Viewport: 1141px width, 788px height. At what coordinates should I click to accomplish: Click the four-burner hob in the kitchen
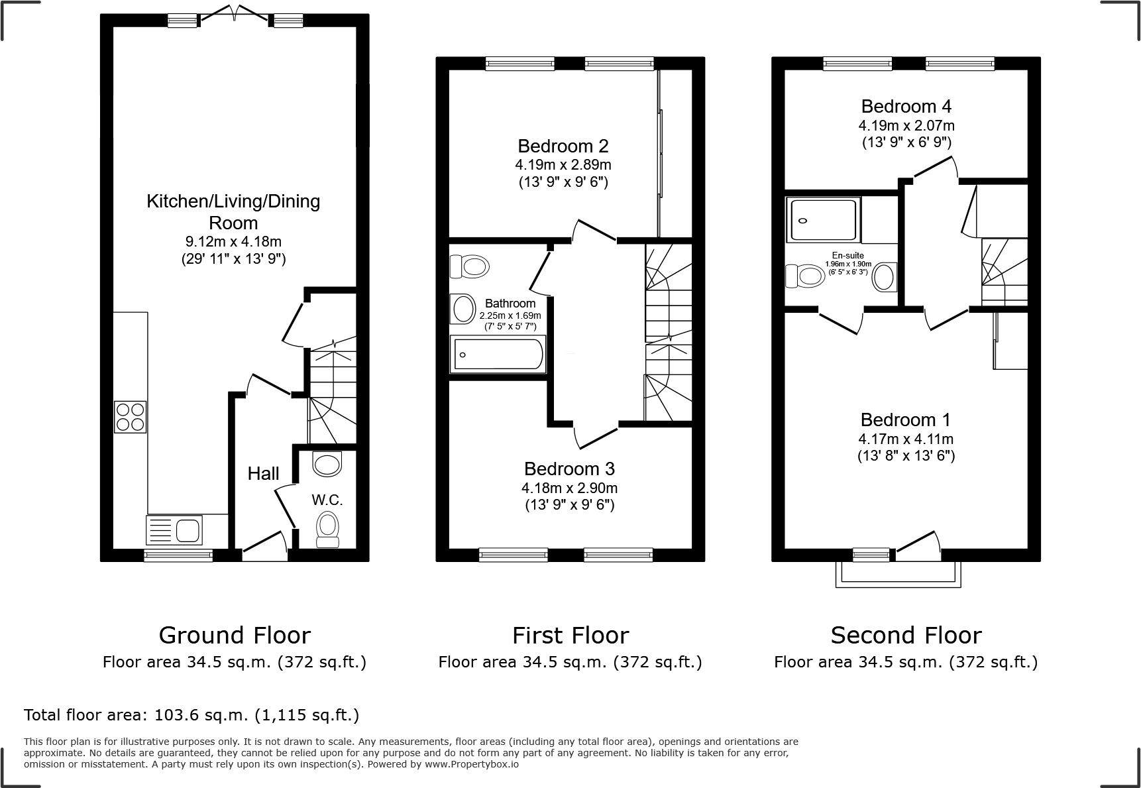click(x=131, y=417)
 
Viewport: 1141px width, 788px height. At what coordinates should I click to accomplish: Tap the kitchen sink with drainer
click(x=174, y=530)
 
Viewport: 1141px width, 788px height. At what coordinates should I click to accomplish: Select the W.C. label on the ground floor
click(x=327, y=500)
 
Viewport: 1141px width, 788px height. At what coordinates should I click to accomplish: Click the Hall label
click(x=263, y=474)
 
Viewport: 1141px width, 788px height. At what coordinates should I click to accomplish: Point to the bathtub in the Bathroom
click(x=498, y=355)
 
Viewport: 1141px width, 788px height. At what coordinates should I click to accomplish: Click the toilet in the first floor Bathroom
click(x=470, y=267)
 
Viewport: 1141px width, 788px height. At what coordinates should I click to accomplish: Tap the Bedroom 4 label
click(x=906, y=107)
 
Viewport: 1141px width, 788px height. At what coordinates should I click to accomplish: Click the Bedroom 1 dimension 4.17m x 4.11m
click(x=906, y=439)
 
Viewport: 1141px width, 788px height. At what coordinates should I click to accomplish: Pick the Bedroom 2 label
click(x=563, y=146)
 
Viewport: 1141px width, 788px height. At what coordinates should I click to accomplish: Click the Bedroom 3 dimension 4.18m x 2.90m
click(x=569, y=488)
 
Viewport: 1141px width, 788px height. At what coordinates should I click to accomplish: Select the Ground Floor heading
click(x=235, y=636)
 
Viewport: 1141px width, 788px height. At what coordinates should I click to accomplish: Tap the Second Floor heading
click(x=905, y=636)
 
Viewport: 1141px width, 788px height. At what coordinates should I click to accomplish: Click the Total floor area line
click(x=191, y=715)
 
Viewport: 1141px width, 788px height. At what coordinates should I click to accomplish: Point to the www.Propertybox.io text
click(x=471, y=764)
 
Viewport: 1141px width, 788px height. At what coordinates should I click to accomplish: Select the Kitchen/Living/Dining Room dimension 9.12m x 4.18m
click(x=233, y=242)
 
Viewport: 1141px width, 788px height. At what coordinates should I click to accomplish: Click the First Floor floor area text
click(x=570, y=662)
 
